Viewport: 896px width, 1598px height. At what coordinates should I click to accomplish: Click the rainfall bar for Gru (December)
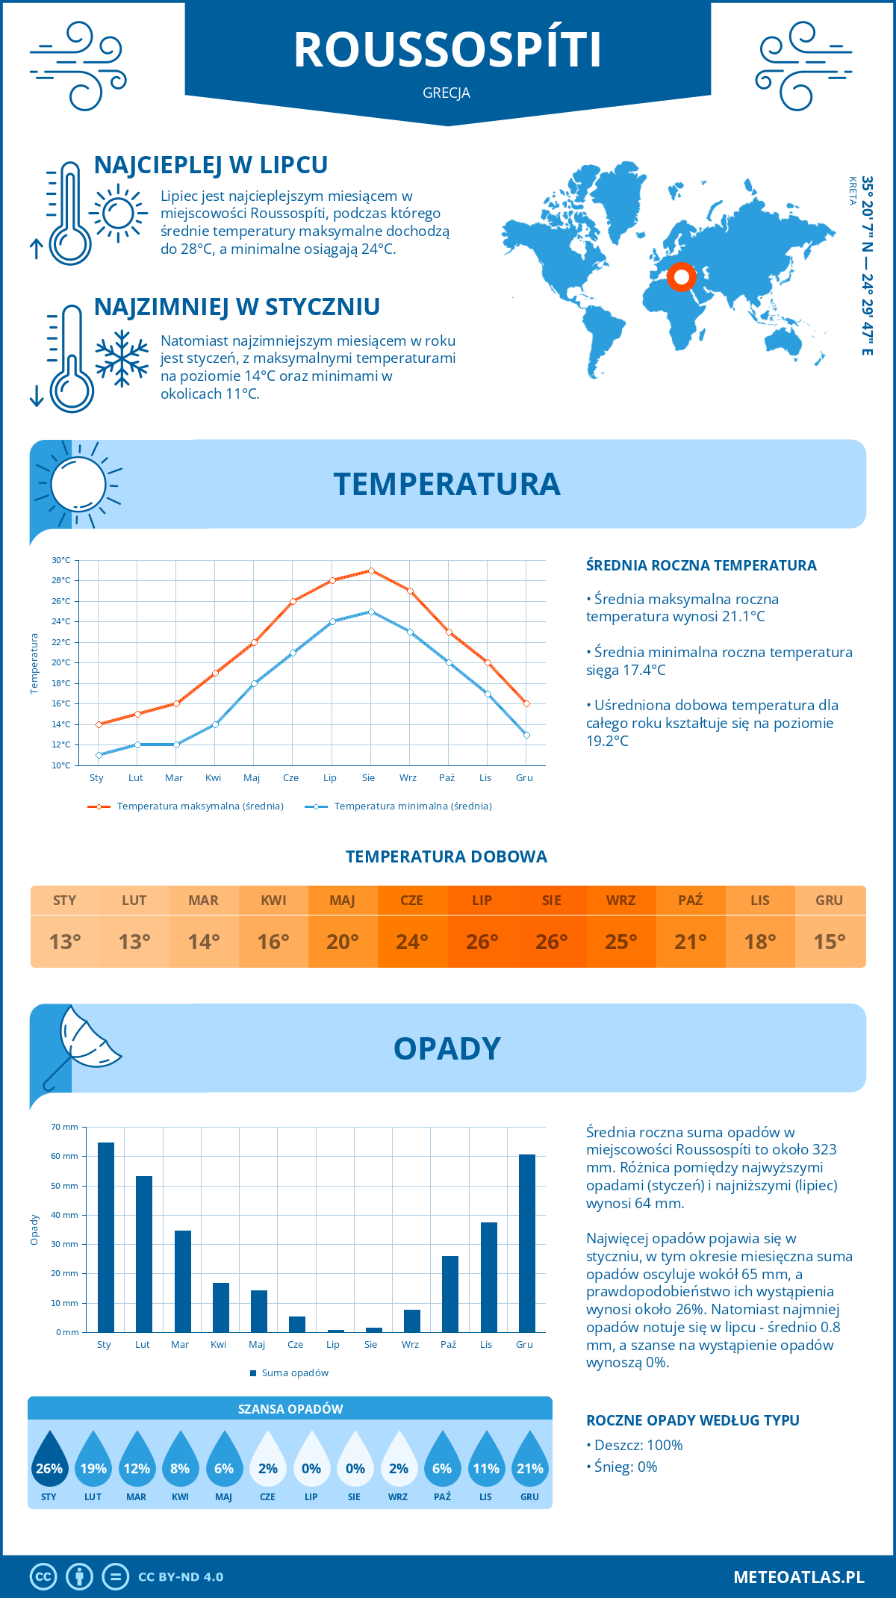click(x=527, y=1243)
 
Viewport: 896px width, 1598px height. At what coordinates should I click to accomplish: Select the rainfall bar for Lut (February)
click(x=144, y=1254)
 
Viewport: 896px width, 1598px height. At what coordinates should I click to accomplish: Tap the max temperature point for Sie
click(x=371, y=571)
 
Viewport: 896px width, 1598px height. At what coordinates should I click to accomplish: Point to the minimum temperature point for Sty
click(x=99, y=755)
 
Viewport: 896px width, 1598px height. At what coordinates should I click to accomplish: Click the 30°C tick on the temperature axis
click(x=61, y=560)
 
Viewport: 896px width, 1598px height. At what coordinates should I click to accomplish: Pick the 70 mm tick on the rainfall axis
click(x=65, y=1127)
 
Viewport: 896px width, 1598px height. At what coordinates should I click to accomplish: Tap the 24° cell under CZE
click(x=412, y=942)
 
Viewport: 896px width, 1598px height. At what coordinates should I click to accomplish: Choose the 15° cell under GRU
click(x=830, y=942)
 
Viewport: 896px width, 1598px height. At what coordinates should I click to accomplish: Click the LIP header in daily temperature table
click(x=482, y=901)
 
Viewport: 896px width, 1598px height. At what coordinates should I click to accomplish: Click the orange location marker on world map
click(x=681, y=277)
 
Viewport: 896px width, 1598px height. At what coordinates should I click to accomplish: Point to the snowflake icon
click(x=122, y=358)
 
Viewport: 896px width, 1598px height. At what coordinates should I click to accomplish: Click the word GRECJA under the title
click(x=447, y=93)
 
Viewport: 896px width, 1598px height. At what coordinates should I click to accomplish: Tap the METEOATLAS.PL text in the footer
click(x=798, y=1577)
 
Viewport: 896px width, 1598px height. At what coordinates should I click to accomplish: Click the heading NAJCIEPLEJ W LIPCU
click(x=211, y=165)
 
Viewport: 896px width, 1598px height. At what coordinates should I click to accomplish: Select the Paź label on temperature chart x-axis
click(x=447, y=778)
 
